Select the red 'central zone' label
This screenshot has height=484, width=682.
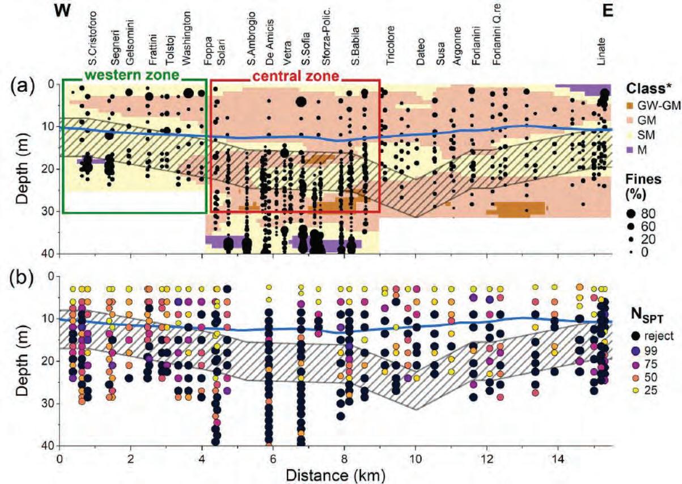click(x=295, y=75)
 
